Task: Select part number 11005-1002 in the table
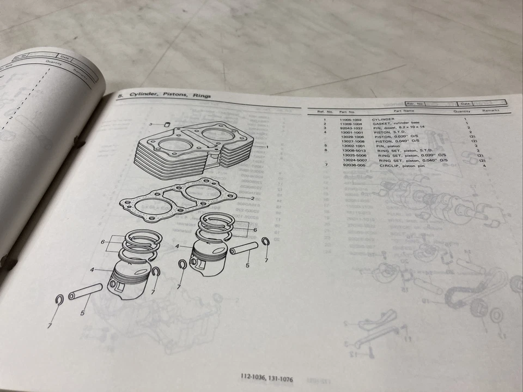tap(350, 119)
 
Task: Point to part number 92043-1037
tap(351, 128)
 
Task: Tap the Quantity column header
tap(461, 111)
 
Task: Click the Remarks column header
tap(490, 111)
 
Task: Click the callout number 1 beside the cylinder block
tap(267, 147)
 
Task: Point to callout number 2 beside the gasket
tap(253, 198)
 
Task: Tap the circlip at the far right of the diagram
tap(265, 243)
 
